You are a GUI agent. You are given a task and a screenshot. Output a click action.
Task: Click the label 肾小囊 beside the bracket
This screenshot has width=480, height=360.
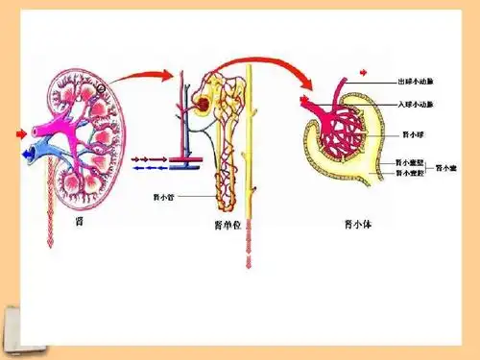point(445,168)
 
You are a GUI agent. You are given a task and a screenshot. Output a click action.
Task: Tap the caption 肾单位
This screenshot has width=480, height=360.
point(227,228)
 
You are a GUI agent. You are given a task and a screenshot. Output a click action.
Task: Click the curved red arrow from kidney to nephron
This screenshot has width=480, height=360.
point(144,74)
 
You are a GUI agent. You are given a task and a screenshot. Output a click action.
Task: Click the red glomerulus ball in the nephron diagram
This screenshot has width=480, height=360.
point(203,103)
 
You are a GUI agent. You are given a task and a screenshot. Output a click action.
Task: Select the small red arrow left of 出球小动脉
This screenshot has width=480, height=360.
point(363,72)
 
